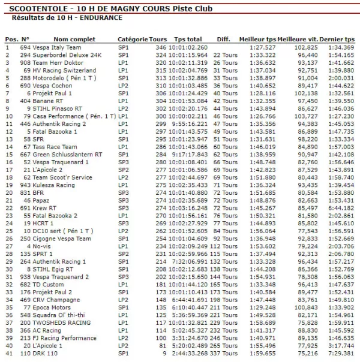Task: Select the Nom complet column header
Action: click(x=74, y=39)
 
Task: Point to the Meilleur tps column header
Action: click(x=257, y=39)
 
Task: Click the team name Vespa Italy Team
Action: click(x=59, y=47)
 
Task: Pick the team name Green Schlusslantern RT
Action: click(x=69, y=154)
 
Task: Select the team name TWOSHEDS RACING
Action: click(x=64, y=322)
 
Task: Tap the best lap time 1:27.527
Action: click(x=263, y=47)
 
